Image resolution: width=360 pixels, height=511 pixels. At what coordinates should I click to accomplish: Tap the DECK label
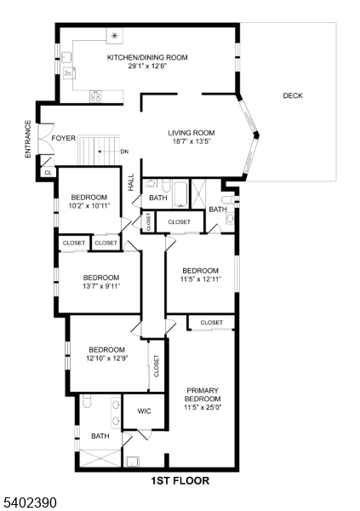pyautogui.click(x=293, y=95)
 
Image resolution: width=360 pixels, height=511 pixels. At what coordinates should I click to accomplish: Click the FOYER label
pyautogui.click(x=64, y=138)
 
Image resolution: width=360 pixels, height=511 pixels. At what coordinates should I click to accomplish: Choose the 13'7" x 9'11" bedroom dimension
pyautogui.click(x=100, y=286)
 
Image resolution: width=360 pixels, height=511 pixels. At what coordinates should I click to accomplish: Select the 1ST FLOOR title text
pyautogui.click(x=180, y=480)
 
